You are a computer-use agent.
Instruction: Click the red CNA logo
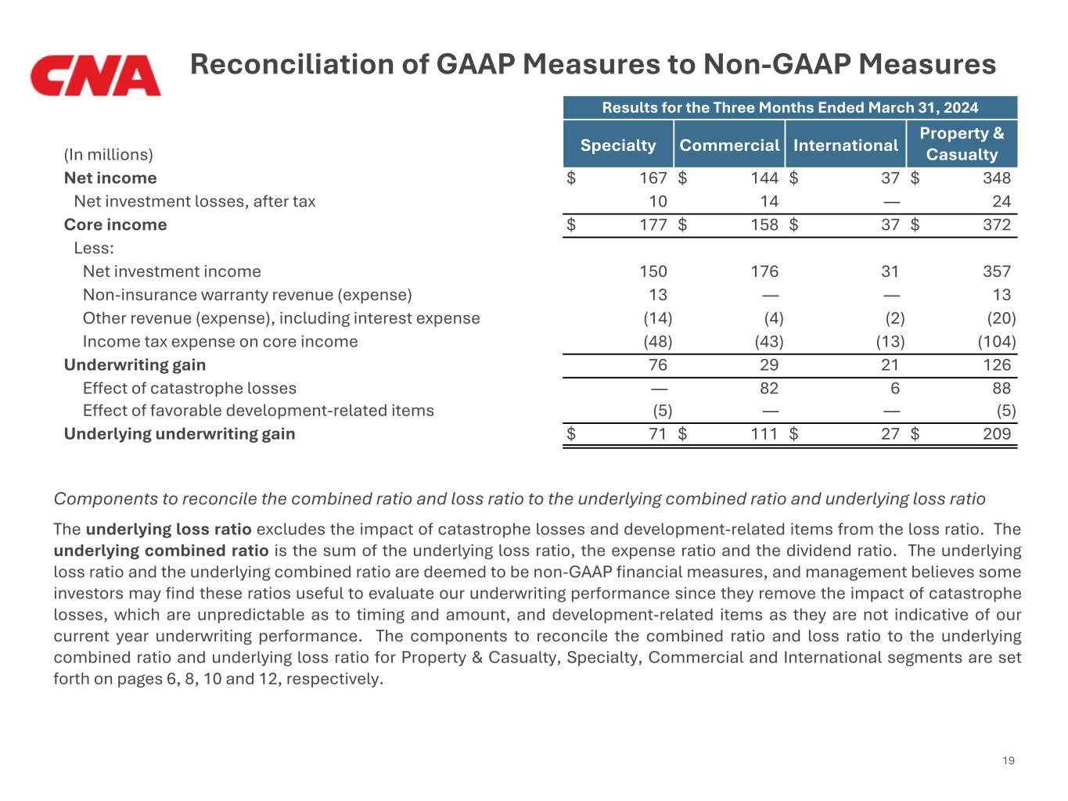coord(95,75)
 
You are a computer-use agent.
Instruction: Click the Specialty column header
coord(618,145)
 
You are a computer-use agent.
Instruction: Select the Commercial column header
coord(729,145)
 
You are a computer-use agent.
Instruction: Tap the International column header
coord(845,145)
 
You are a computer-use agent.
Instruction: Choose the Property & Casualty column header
coord(962,144)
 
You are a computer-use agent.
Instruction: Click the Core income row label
coord(115,224)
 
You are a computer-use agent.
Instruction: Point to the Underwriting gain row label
coord(135,365)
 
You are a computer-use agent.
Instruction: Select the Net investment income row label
coord(171,271)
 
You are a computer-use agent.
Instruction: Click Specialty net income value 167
coord(653,178)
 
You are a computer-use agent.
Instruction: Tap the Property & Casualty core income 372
coord(996,224)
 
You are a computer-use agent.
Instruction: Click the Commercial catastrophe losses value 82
coord(768,388)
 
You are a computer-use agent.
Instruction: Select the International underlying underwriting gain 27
coord(890,434)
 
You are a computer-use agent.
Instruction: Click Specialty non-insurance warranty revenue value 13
coord(658,295)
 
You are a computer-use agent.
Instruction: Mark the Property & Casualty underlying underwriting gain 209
coord(996,434)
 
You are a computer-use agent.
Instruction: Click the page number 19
coord(1008,760)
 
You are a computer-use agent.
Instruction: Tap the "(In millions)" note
coord(108,154)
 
